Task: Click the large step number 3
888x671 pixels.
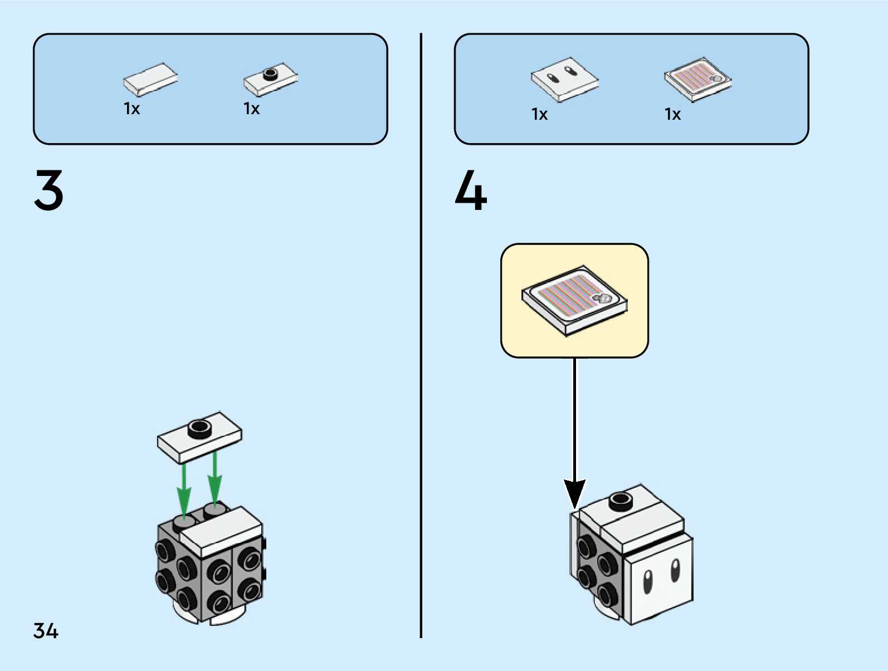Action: coord(49,190)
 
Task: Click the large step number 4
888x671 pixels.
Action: coord(471,190)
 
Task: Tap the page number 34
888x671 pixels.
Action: coord(46,631)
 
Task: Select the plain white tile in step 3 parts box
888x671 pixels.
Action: coord(150,79)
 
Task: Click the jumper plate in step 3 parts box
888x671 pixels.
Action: coord(270,79)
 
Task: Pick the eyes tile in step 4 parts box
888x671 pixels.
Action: coord(564,79)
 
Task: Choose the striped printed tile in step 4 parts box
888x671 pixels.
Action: coord(697,79)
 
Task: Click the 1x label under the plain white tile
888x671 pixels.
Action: coord(132,109)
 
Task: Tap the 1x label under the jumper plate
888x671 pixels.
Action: coord(252,109)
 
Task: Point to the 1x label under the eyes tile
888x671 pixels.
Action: coord(540,115)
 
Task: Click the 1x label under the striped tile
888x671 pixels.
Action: coord(673,115)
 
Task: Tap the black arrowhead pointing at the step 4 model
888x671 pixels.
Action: coord(574,492)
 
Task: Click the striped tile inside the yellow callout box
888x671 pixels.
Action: coord(574,300)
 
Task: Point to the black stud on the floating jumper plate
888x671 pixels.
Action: coord(199,428)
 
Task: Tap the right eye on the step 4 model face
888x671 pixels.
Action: coord(675,570)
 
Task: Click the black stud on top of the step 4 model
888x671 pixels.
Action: coord(621,500)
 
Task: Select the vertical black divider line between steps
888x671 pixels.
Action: coord(421,334)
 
